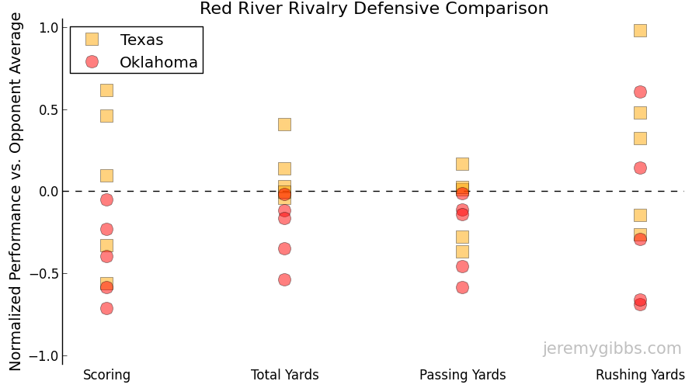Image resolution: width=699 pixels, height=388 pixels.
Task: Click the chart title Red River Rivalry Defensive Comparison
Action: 374,9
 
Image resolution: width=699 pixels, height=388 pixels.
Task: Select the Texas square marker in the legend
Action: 92,40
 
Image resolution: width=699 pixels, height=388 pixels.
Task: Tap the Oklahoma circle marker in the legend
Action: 92,62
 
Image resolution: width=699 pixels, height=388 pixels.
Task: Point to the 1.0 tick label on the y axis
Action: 49,28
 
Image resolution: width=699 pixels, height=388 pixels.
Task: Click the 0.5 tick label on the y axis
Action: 49,109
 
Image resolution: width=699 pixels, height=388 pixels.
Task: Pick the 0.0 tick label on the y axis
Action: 49,192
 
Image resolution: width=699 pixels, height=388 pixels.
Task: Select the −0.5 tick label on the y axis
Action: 45,274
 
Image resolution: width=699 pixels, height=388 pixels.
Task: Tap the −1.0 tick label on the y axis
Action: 45,356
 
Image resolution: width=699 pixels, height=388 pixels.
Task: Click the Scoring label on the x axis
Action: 106,376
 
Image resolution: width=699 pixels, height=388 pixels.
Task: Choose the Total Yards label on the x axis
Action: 284,376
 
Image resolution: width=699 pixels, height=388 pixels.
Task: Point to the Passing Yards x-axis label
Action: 462,376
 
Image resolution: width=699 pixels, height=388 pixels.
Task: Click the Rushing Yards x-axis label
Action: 640,376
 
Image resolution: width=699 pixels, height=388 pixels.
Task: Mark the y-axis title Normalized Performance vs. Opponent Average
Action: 16,192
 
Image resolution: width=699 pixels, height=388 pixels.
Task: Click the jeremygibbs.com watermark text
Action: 612,349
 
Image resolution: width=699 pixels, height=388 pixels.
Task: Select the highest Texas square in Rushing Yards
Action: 640,30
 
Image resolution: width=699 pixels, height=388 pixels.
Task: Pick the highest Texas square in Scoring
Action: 106,90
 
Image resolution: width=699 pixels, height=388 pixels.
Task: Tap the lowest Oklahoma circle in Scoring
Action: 106,308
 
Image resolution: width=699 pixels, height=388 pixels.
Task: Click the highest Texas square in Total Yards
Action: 284,124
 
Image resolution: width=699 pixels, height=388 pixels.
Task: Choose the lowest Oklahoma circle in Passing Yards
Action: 462,287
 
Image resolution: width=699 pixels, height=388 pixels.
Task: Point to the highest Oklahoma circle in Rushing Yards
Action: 640,92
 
